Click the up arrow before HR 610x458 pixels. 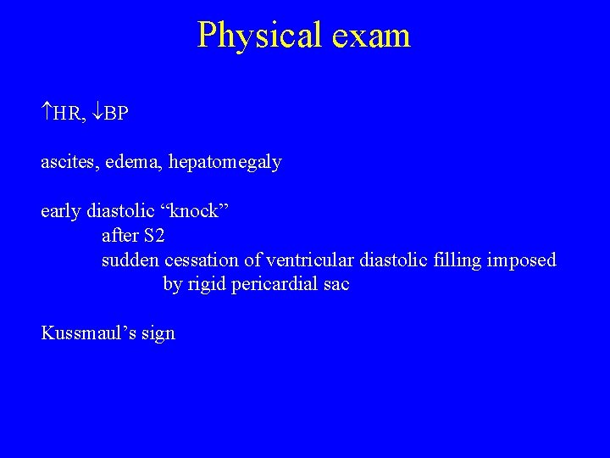click(x=47, y=113)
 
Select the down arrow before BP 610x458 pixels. click(x=98, y=113)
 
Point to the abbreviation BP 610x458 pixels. click(x=117, y=113)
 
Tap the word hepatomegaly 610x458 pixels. click(x=225, y=162)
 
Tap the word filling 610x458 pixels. click(x=456, y=260)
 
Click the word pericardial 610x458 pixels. click(x=276, y=285)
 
